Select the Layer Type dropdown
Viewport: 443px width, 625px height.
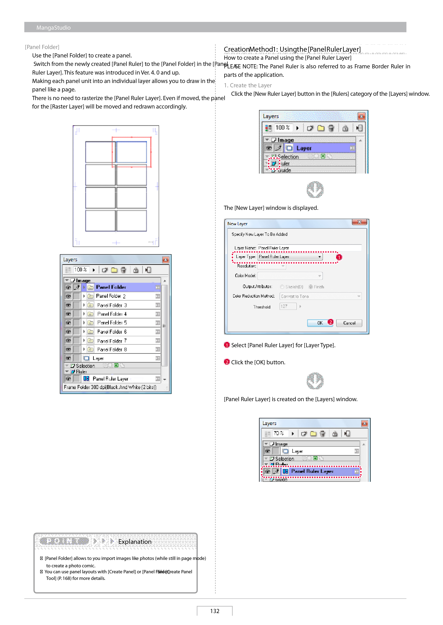[x=290, y=257]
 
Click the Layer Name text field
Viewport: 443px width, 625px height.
[x=309, y=248]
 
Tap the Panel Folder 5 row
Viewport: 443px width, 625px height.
[x=112, y=323]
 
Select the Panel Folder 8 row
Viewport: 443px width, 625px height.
[x=112, y=349]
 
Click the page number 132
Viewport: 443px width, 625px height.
[x=215, y=611]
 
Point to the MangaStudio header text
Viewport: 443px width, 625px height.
[x=53, y=28]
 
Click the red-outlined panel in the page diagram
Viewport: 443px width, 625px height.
[x=131, y=152]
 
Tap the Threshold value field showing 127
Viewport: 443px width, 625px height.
[x=288, y=306]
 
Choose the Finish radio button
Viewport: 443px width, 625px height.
[x=311, y=287]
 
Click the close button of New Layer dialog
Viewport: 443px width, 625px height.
[x=359, y=222]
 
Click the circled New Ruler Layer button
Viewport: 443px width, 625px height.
[x=274, y=163]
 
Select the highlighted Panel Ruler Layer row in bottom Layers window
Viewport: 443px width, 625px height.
[x=311, y=471]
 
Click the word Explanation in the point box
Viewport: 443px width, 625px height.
[x=135, y=542]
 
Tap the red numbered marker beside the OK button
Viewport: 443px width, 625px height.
[x=330, y=322]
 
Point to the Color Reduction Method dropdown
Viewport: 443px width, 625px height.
[x=321, y=296]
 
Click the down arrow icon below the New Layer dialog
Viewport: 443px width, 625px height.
[x=315, y=381]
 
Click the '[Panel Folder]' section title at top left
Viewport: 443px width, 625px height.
[x=42, y=47]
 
